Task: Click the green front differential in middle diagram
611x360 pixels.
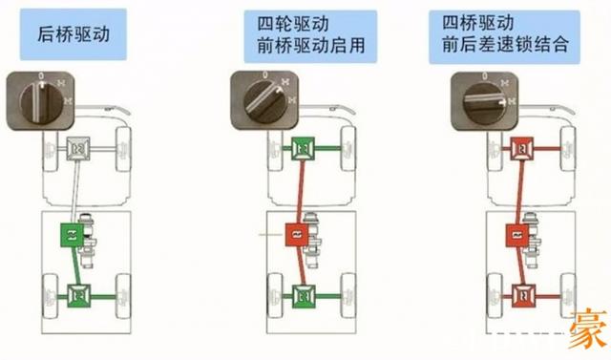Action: [304, 149]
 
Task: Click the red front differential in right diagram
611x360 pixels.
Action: [521, 147]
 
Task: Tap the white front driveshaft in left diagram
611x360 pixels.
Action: [74, 191]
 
